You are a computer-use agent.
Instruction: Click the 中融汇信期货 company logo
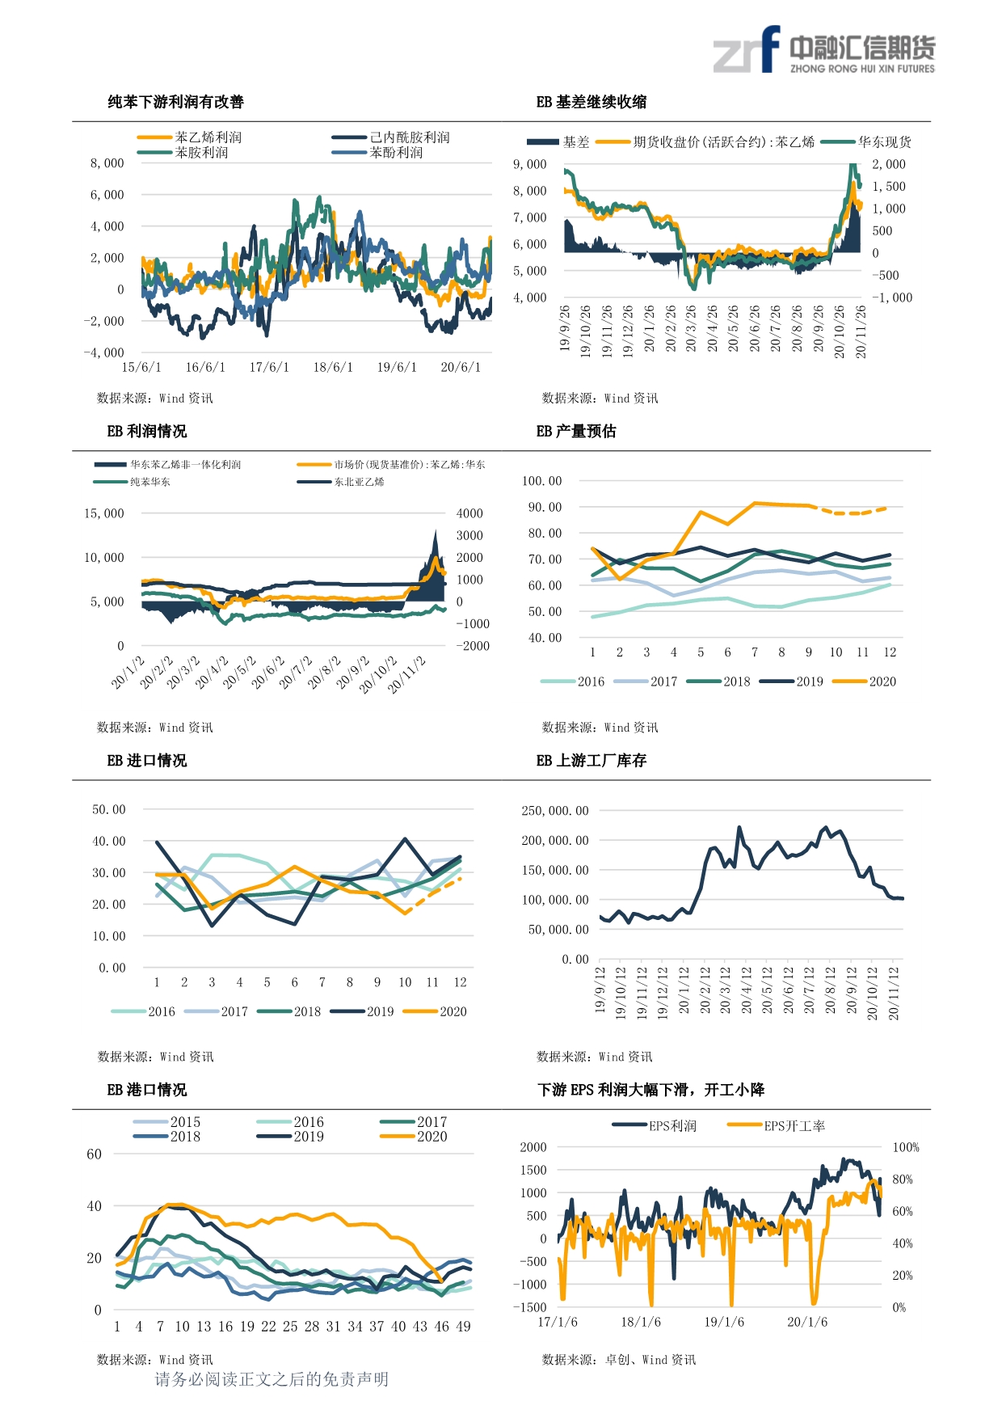click(x=823, y=50)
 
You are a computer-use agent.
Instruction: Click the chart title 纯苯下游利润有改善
click(x=175, y=102)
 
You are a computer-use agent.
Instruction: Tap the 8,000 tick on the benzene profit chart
click(x=107, y=163)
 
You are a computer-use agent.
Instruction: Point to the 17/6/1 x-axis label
click(x=268, y=368)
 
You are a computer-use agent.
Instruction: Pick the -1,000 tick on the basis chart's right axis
click(x=892, y=298)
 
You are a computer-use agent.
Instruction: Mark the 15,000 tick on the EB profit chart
click(x=104, y=513)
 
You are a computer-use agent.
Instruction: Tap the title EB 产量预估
click(x=575, y=431)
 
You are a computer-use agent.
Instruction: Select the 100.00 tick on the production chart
click(x=541, y=481)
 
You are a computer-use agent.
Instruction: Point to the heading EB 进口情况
click(x=146, y=760)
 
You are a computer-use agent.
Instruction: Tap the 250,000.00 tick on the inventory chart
click(x=555, y=811)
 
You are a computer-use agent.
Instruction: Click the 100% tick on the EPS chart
click(x=905, y=1147)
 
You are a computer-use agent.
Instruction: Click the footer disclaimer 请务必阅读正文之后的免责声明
click(x=272, y=1379)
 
